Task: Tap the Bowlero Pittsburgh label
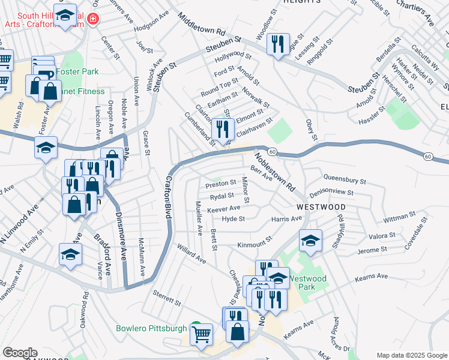coord(151,329)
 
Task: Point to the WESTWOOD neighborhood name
coord(321,207)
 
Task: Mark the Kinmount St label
coord(255,245)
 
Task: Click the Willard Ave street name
coord(191,254)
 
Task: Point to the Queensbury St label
coord(345,179)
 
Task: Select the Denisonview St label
coord(332,193)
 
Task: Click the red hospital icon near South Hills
coord(92,19)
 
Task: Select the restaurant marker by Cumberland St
coord(223,129)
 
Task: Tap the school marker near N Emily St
coord(70,254)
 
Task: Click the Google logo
coord(20,353)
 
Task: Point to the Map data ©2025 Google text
coord(411,355)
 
